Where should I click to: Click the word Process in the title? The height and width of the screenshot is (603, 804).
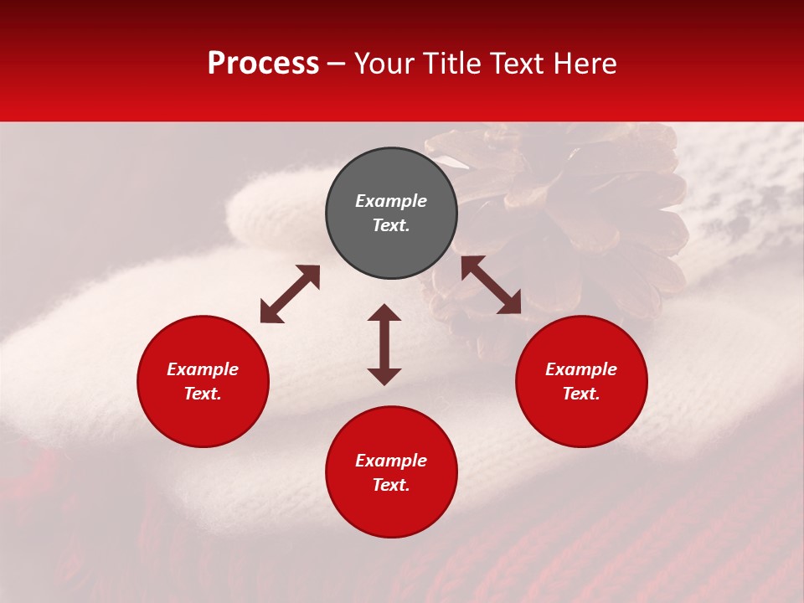(263, 64)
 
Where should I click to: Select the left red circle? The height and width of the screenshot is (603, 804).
(203, 419)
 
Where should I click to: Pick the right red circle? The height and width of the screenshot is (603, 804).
(581, 419)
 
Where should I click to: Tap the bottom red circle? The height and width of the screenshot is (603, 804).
(391, 511)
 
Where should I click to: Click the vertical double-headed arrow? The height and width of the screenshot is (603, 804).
(384, 344)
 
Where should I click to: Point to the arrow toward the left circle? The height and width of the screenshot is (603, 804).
(290, 294)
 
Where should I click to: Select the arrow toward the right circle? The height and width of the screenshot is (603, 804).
(491, 285)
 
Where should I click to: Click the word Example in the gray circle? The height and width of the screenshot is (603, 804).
(391, 201)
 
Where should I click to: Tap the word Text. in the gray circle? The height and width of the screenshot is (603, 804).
(391, 225)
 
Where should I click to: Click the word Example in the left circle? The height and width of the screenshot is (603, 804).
(203, 369)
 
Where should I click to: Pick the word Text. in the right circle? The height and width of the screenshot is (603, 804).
(581, 394)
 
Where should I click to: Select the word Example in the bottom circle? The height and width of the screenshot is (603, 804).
(391, 461)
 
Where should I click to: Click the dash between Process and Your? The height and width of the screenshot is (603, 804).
(337, 64)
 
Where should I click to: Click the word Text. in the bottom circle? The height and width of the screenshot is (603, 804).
(391, 485)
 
